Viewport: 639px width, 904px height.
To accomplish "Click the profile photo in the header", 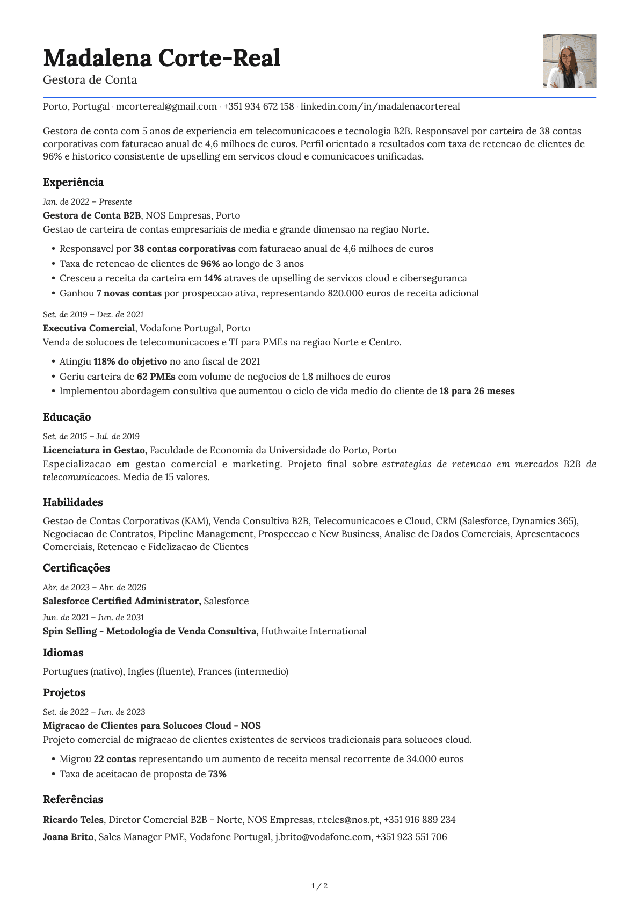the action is [x=569, y=61].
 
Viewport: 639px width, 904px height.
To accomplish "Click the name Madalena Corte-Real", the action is [x=162, y=58].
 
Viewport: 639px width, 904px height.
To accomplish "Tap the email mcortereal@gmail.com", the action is [x=166, y=106].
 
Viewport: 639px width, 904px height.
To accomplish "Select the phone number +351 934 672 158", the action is [x=258, y=106].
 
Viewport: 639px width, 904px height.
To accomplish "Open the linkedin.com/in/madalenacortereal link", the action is [x=380, y=106].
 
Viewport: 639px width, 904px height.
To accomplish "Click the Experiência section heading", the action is [x=73, y=183].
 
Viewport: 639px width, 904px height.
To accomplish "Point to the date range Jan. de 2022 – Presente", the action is [x=87, y=202].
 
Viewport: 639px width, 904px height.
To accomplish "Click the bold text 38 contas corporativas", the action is [x=184, y=249].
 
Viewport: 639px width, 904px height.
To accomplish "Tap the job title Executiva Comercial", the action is [x=89, y=328].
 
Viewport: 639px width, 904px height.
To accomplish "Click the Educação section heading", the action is [x=67, y=417].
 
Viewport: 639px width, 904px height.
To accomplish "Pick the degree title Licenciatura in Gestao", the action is [x=95, y=450].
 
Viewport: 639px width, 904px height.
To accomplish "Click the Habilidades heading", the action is [x=73, y=503].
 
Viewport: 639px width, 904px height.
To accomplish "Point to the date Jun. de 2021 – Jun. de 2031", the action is [x=93, y=618].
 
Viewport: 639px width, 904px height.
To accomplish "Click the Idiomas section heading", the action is [x=63, y=653].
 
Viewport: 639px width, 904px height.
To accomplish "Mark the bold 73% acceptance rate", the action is [x=217, y=774].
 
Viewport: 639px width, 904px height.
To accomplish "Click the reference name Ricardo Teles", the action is [x=73, y=820].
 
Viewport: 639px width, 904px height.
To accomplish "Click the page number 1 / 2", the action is [x=319, y=886].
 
